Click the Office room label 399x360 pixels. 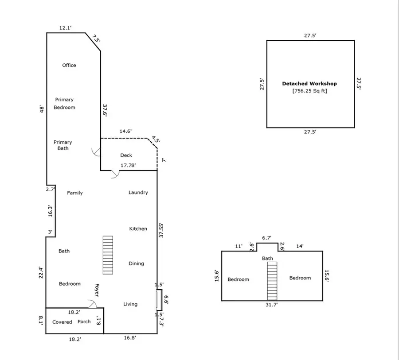(x=69, y=66)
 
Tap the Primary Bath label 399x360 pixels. (x=63, y=145)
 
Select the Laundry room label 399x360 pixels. (x=138, y=193)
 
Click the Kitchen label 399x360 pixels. (x=138, y=229)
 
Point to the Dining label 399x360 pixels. (x=136, y=263)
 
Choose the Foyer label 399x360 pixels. (x=97, y=290)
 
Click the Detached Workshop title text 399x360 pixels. (x=309, y=84)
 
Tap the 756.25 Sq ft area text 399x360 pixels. (x=309, y=91)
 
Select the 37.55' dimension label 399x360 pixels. (x=162, y=230)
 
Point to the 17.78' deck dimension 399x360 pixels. (x=129, y=166)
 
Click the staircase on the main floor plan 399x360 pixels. (x=108, y=255)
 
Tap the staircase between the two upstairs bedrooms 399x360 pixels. (x=272, y=281)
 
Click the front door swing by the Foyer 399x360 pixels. (x=93, y=304)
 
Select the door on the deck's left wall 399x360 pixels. (x=96, y=152)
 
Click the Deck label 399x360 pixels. (x=126, y=155)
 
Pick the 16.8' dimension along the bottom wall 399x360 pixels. (x=129, y=338)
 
